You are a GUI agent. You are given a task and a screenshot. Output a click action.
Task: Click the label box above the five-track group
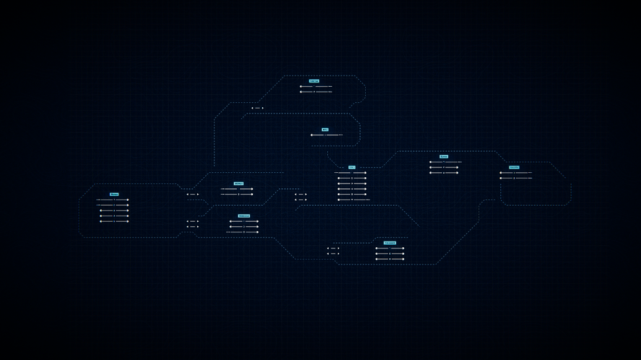coord(114,195)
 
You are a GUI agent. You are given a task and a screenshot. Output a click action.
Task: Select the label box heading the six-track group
coord(351,167)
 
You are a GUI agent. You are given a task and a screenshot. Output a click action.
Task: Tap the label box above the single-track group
coord(325,130)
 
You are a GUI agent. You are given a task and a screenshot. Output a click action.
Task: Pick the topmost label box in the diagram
coord(314,81)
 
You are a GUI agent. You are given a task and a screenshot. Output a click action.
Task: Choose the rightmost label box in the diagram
coord(514,167)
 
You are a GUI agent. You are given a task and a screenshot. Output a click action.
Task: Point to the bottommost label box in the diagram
coord(389,243)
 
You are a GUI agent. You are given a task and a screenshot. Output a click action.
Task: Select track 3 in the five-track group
coord(114,211)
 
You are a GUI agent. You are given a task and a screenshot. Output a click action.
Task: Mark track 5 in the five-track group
coord(114,221)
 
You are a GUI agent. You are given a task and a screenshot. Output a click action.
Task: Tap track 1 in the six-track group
coord(351,173)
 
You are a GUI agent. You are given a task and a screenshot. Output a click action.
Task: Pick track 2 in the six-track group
coord(352,178)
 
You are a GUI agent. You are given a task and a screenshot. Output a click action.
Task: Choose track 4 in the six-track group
coord(352,189)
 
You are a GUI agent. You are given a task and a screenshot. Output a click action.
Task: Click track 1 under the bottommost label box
coord(389,248)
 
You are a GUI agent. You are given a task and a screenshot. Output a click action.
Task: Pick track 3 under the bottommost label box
coord(389,259)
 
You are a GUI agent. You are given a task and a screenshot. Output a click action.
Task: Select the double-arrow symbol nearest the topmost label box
coord(257,108)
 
